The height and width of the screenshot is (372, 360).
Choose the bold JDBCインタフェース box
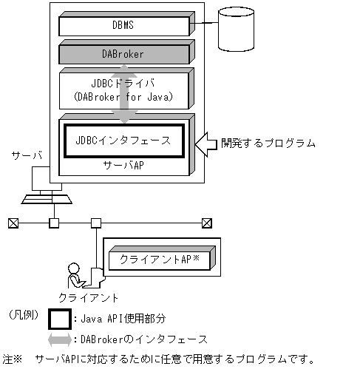click(x=123, y=140)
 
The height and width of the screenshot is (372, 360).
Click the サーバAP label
click(x=123, y=166)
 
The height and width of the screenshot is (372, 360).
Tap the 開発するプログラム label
click(x=268, y=142)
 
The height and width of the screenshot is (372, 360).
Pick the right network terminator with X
click(x=207, y=222)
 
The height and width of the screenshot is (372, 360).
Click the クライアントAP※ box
click(x=160, y=260)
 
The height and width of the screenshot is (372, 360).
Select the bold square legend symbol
click(x=60, y=318)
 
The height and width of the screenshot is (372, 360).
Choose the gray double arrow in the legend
click(x=60, y=339)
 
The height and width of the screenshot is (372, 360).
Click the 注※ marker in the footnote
click(x=13, y=360)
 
